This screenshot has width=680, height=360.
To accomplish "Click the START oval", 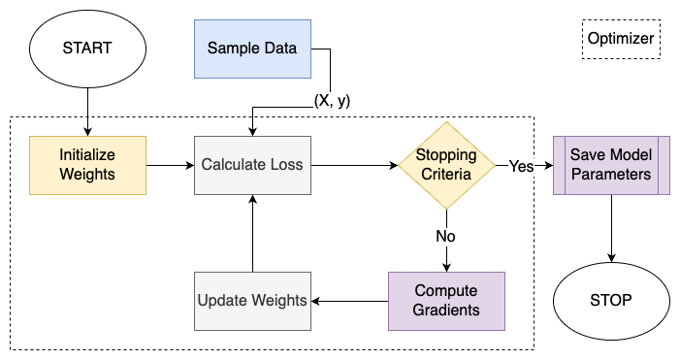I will click(87, 48).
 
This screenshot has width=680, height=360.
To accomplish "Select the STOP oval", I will click(611, 300).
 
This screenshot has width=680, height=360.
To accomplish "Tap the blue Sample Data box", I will click(252, 48).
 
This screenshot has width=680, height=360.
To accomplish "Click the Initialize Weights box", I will click(87, 165).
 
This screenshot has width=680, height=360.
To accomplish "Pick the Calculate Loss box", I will click(252, 165).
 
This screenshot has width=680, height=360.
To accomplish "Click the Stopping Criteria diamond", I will click(446, 165).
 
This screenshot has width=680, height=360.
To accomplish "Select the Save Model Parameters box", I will click(611, 165).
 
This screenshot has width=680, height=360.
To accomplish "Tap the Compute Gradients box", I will click(446, 300).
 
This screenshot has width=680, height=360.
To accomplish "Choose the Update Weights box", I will click(252, 300).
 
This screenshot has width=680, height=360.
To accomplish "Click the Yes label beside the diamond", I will click(521, 166).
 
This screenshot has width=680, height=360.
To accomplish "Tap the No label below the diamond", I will click(446, 235).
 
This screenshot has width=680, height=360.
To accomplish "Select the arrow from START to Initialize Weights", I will click(87, 107).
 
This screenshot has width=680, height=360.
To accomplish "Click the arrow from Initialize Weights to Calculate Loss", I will click(170, 165).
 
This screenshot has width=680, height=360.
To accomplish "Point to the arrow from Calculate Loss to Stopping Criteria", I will click(354, 165).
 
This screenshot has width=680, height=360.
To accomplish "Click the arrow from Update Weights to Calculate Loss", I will click(252, 233).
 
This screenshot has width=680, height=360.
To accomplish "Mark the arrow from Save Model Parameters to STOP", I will click(611, 228).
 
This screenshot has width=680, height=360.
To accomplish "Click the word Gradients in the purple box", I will click(446, 310).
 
